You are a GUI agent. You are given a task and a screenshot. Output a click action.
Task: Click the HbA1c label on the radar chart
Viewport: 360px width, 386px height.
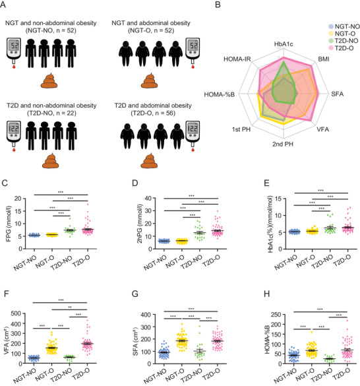pyautogui.click(x=284, y=44)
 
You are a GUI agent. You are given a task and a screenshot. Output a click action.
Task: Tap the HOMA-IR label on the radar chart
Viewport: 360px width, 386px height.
pyautogui.click(x=237, y=59)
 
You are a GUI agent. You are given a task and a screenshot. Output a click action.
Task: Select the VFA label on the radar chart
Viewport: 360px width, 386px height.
pyautogui.click(x=322, y=129)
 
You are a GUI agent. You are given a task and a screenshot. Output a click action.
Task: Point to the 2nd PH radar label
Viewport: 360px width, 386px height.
pyautogui.click(x=283, y=144)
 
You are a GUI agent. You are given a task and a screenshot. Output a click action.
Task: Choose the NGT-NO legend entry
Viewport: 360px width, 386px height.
pyautogui.click(x=344, y=26)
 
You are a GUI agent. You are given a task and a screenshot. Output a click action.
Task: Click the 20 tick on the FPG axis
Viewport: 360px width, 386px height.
pyautogui.click(x=18, y=199)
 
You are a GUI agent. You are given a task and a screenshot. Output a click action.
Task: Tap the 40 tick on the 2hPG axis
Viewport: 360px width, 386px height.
pyautogui.click(x=148, y=198)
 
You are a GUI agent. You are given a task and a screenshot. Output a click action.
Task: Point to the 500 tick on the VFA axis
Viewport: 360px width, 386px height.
pyautogui.click(x=16, y=313)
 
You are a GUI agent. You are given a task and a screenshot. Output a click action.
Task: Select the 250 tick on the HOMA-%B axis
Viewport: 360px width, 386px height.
pyautogui.click(x=276, y=315)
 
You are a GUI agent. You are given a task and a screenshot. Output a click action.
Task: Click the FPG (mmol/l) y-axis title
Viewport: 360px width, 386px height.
pyautogui.click(x=9, y=224)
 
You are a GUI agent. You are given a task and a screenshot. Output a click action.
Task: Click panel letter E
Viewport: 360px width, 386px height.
pyautogui.click(x=266, y=183)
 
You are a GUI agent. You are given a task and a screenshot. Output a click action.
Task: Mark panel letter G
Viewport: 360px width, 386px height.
pyautogui.click(x=135, y=294)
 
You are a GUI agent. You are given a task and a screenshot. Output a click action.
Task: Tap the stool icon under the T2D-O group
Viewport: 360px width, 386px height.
pyautogui.click(x=149, y=160)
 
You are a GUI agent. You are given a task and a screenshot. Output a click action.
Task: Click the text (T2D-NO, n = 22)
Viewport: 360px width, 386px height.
pyautogui.click(x=51, y=113)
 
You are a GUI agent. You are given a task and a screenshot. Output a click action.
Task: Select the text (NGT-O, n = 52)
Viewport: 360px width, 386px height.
pyautogui.click(x=151, y=30)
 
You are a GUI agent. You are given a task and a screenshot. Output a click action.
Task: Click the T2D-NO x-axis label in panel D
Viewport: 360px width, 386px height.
pyautogui.click(x=192, y=262)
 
